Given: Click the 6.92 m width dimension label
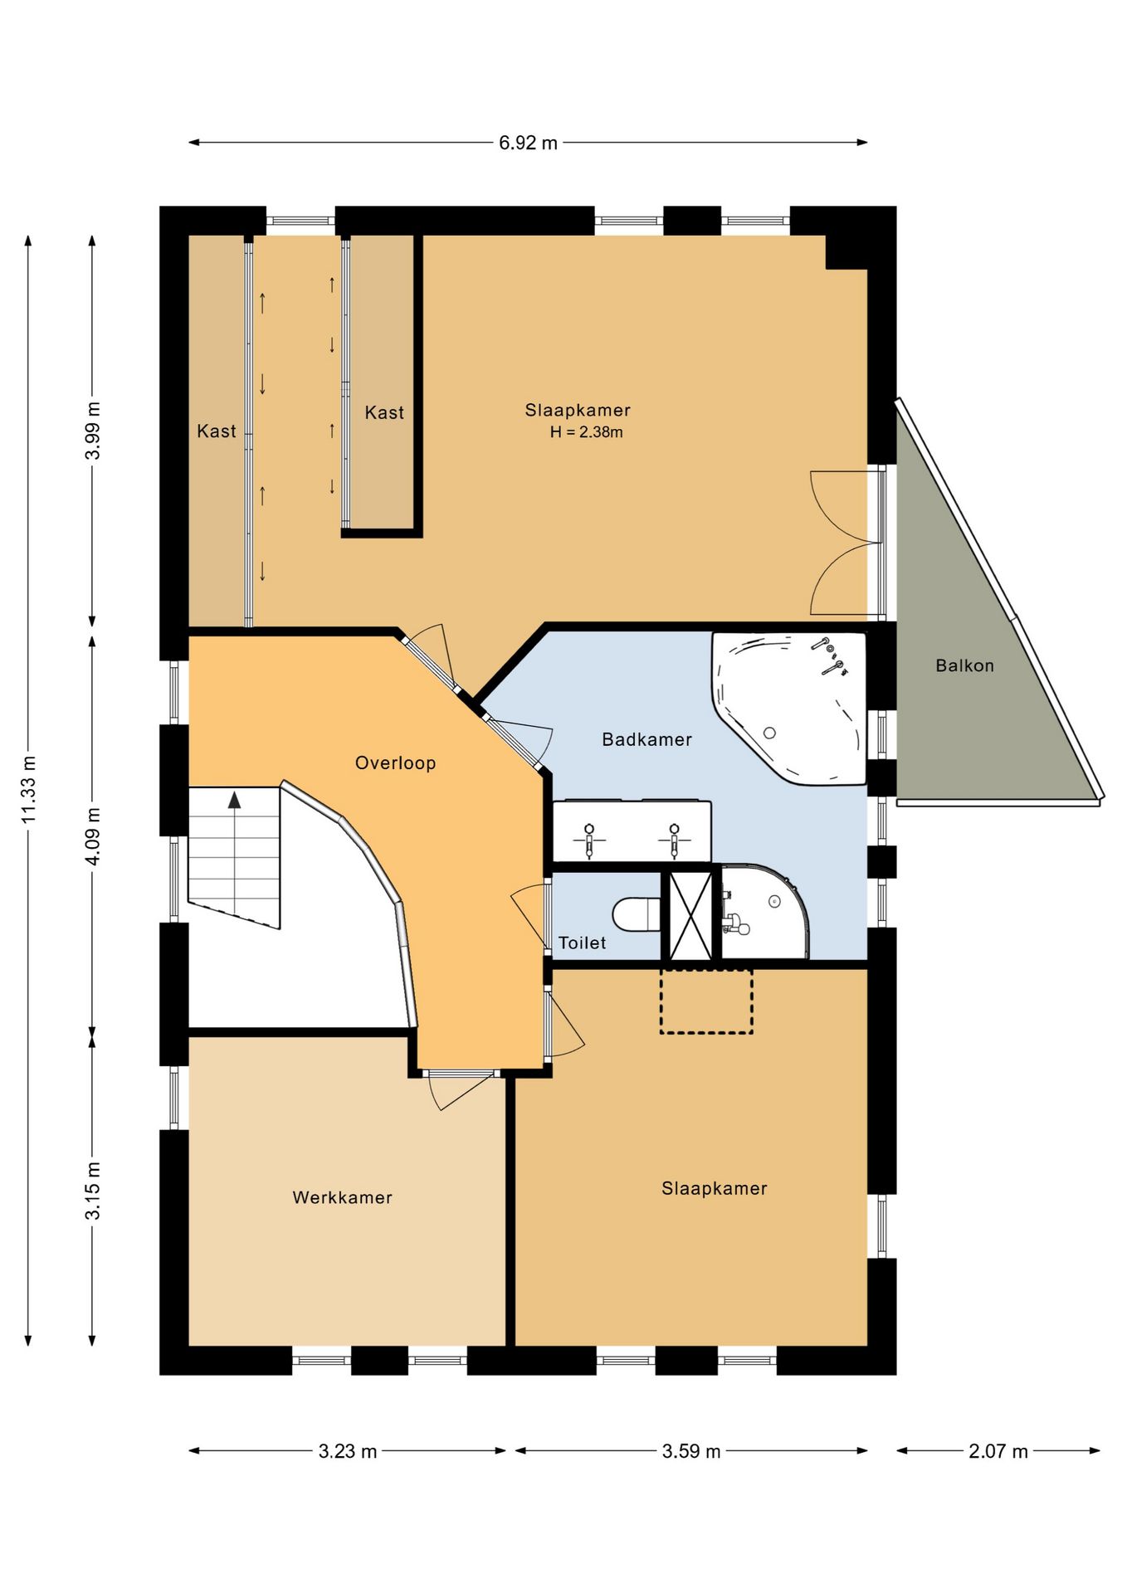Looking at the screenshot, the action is pos(528,143).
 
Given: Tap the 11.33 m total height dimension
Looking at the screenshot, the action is pos(29,789).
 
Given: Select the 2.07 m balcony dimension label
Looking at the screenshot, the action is pos(998,1451).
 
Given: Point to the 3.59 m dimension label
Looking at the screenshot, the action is pos(691,1451).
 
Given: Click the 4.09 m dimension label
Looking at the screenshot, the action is pos(93,835).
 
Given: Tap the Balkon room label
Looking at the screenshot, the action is pos(964,665).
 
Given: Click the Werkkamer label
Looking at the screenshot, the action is pos(342,1197).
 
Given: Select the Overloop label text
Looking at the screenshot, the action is pos(395,763).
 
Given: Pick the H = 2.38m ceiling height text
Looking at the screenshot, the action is pos(586,432).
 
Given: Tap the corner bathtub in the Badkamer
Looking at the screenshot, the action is pos(788,708).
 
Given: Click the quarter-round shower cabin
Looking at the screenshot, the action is pos(764,912).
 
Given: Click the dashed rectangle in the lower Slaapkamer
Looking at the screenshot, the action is pos(706,1001).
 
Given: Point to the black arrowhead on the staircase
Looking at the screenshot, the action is pos(235,800).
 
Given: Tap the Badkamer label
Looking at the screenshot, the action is pos(646,739).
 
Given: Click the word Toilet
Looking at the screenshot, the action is pos(582,943).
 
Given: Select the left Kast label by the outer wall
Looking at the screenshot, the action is pos(217,431).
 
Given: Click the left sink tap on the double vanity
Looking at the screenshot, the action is pos(589,840).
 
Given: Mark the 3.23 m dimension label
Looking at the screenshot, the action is pos(348,1451).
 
